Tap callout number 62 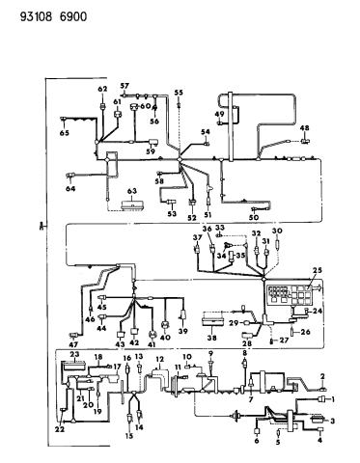coord(101,90)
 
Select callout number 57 coord(125,86)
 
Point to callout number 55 coord(178,93)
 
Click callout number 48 coord(304,128)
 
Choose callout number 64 coord(69,190)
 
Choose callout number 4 coord(319,440)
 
